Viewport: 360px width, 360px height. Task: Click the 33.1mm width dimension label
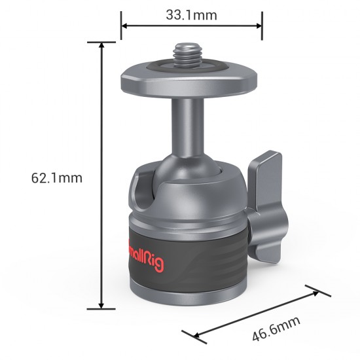pos(191,13)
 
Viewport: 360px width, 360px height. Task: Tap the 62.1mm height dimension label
pos(56,177)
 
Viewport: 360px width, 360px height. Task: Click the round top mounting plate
pos(190,81)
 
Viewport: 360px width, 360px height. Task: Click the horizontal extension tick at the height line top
pos(101,43)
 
